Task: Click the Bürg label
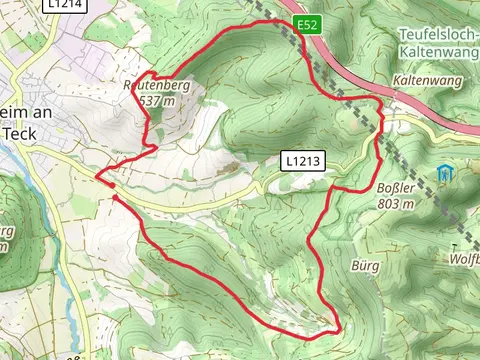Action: [365, 267]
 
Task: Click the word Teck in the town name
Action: [20, 131]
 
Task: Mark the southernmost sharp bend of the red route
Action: [338, 329]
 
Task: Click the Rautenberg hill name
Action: [158, 86]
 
